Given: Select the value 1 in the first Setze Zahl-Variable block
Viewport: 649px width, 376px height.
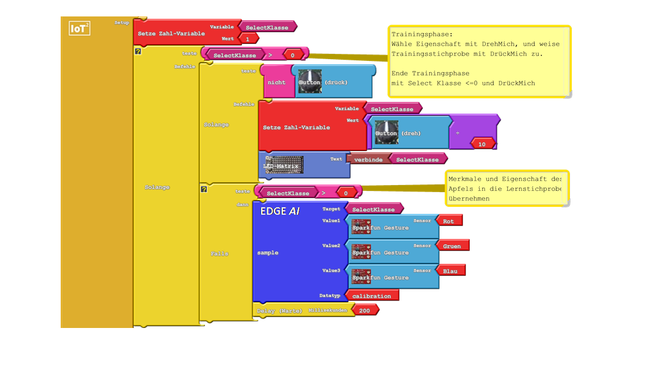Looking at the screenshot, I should pos(248,39).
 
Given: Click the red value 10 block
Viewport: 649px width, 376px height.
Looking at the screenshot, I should pos(482,144).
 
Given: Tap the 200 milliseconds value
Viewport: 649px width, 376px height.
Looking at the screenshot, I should pos(364,310).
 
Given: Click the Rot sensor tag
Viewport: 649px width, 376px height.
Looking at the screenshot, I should pos(449,221).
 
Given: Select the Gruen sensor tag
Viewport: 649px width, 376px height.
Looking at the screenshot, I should pos(452,246).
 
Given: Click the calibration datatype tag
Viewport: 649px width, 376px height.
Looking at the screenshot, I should pos(371,296).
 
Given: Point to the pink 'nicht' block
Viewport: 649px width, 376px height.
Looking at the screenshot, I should pos(276,83).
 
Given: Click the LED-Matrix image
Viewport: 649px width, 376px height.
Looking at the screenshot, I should pos(284,165).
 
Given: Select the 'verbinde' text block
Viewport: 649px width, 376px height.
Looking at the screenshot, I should pos(368,159).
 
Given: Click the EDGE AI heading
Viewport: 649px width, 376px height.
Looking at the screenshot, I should pos(280,211).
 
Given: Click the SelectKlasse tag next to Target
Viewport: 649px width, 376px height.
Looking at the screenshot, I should pos(373,209).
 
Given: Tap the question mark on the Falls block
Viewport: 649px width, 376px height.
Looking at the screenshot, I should pos(204,189).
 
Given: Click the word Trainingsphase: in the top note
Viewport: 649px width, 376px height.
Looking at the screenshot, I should pos(414,34).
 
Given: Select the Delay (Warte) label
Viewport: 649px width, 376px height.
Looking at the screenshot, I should pos(279,310).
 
